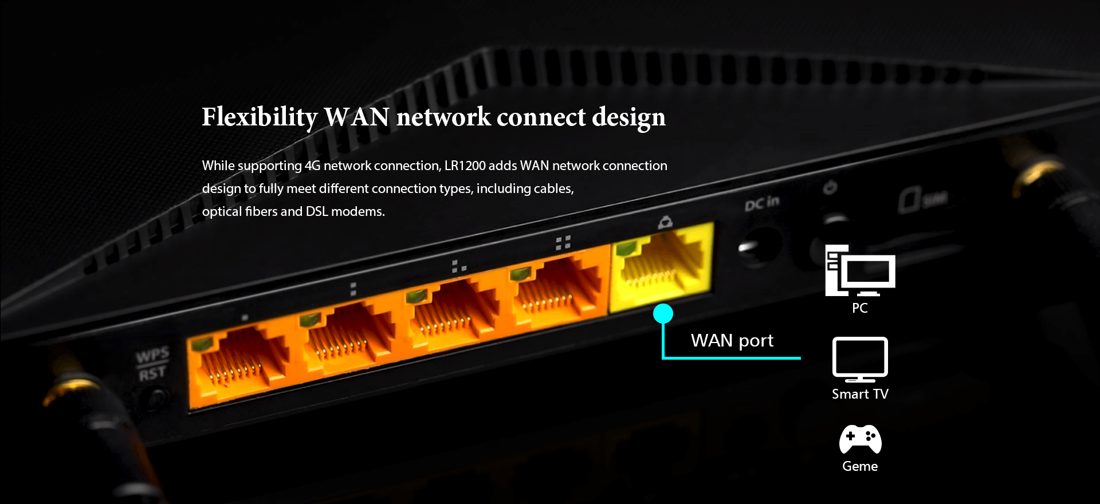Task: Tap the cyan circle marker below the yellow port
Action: [663, 313]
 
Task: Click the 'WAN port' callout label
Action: [732, 341]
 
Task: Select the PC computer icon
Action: [859, 271]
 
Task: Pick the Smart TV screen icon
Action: [860, 359]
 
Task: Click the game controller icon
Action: [860, 439]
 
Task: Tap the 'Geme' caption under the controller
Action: [859, 466]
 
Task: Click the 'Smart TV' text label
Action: [860, 394]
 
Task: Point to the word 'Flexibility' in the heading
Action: [259, 117]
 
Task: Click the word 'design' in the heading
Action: [628, 117]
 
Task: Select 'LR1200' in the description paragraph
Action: [465, 166]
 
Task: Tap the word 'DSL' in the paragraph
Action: [317, 212]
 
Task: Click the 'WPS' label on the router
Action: [152, 356]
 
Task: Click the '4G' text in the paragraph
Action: [312, 166]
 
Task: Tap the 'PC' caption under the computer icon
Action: [859, 308]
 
